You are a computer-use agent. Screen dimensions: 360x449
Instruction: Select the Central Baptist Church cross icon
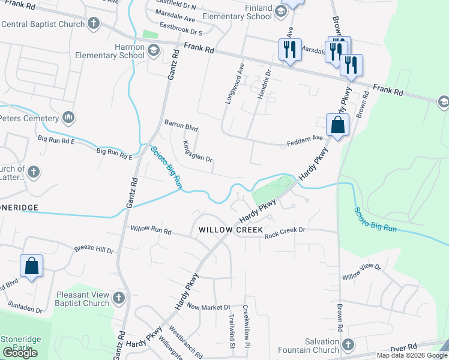click(x=93, y=24)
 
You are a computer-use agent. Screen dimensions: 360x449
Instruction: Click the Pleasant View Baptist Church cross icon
click(x=119, y=298)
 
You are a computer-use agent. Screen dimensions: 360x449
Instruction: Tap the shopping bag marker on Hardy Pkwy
click(x=337, y=125)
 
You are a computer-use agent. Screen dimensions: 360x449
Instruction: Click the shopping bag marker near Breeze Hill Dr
click(x=31, y=266)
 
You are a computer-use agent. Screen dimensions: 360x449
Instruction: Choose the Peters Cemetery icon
click(x=68, y=116)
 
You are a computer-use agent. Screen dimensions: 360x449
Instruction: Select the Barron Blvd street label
click(x=181, y=125)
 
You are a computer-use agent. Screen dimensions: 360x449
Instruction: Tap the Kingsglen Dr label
click(x=197, y=151)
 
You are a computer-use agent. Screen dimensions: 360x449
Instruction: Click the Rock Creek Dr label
click(x=285, y=230)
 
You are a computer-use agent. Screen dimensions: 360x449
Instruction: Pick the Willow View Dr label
click(x=361, y=271)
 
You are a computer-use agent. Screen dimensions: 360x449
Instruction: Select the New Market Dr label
click(x=208, y=307)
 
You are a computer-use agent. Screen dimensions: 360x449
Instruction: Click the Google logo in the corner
click(x=20, y=353)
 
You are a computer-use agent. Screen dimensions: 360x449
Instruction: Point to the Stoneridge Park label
click(x=21, y=343)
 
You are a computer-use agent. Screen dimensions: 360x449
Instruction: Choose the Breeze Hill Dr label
click(x=93, y=249)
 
